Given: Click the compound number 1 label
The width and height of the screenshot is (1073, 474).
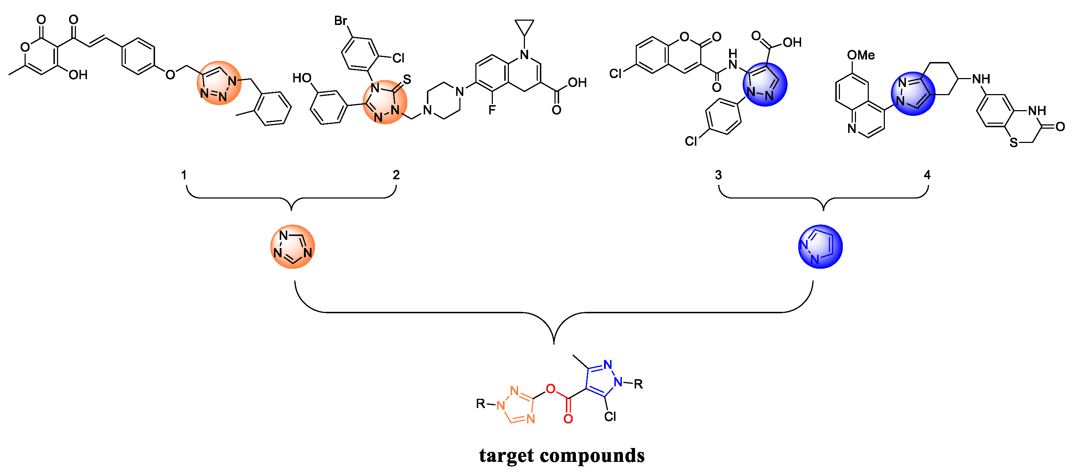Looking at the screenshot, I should [x=184, y=175].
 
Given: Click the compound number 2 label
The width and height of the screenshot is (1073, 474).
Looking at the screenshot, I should [x=396, y=175].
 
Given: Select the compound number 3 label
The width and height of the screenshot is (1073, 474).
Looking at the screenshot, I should [x=718, y=175].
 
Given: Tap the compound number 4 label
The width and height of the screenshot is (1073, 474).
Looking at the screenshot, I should [x=927, y=175].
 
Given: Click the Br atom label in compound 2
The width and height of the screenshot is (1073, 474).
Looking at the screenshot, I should [x=341, y=21].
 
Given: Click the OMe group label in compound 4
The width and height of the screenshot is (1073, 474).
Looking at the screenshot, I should [x=861, y=55].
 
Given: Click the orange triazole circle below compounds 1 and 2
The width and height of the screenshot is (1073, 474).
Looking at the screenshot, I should [x=293, y=247].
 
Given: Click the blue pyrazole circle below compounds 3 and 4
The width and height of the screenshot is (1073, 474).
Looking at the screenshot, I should [x=820, y=247].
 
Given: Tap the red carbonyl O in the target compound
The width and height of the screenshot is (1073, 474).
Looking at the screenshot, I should [x=568, y=419].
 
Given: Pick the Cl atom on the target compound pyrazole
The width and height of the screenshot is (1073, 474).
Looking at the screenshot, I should [x=610, y=417].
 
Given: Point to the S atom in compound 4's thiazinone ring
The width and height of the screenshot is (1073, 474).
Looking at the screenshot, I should [x=1014, y=143].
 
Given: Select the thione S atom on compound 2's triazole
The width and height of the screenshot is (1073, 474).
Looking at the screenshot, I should [x=407, y=79].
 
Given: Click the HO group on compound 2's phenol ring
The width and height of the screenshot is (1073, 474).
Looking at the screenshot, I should [x=302, y=78].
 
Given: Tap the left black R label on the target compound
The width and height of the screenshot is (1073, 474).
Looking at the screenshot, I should [x=481, y=403].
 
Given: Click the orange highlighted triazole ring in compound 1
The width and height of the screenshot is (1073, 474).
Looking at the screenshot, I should [x=219, y=83].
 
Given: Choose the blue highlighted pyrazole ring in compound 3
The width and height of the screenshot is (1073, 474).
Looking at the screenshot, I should [x=765, y=84].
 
